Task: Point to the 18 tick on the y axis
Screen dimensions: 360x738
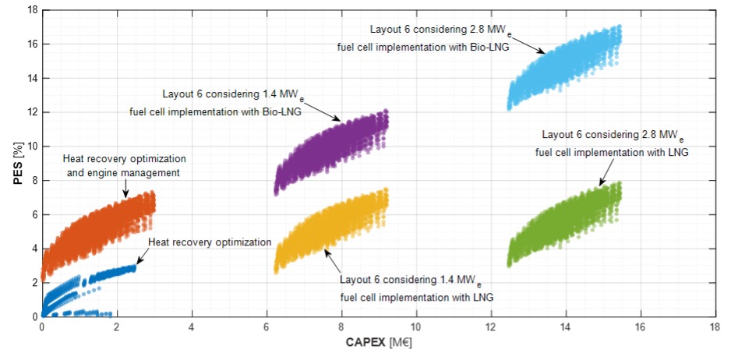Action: point(32,10)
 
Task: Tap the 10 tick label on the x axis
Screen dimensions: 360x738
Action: point(416,327)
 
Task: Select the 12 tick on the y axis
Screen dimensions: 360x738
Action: point(32,112)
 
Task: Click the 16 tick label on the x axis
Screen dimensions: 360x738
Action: point(641,327)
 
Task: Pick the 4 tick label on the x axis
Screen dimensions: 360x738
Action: point(192,327)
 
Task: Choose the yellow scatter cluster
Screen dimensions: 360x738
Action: point(335,226)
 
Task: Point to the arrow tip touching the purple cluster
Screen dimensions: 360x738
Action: point(340,121)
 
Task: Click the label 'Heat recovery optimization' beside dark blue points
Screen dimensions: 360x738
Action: point(209,242)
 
